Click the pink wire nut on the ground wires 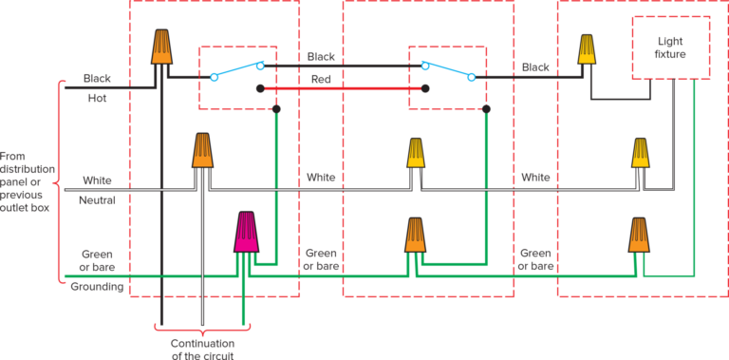click(x=246, y=233)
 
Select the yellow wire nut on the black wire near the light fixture click(x=588, y=49)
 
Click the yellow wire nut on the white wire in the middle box click(x=416, y=154)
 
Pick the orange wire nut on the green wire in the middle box click(x=415, y=236)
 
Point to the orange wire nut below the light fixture click(x=640, y=236)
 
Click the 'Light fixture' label click(x=670, y=47)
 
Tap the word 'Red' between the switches click(x=321, y=80)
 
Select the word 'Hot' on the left click(x=97, y=97)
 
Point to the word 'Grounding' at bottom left click(x=97, y=286)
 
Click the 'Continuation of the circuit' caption click(x=202, y=350)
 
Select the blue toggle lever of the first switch click(x=237, y=71)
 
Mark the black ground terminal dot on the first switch click(x=276, y=110)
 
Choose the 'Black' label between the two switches click(x=321, y=57)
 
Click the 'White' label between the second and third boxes click(x=535, y=178)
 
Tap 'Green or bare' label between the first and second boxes click(x=321, y=258)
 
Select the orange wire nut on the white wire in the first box click(x=202, y=151)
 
